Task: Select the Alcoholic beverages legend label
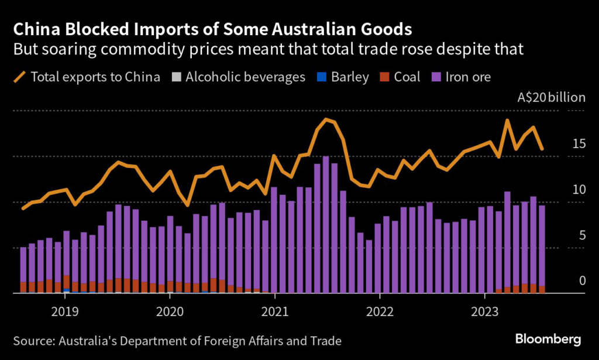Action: pos(246,77)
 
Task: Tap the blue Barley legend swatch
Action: pos(319,77)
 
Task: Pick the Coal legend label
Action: pos(407,77)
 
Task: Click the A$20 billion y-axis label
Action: pos(551,98)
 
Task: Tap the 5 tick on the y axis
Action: pos(581,235)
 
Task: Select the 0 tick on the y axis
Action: pos(581,281)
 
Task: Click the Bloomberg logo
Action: pos(548,339)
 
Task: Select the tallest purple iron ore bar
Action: pos(326,225)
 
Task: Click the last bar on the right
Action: pos(542,249)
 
